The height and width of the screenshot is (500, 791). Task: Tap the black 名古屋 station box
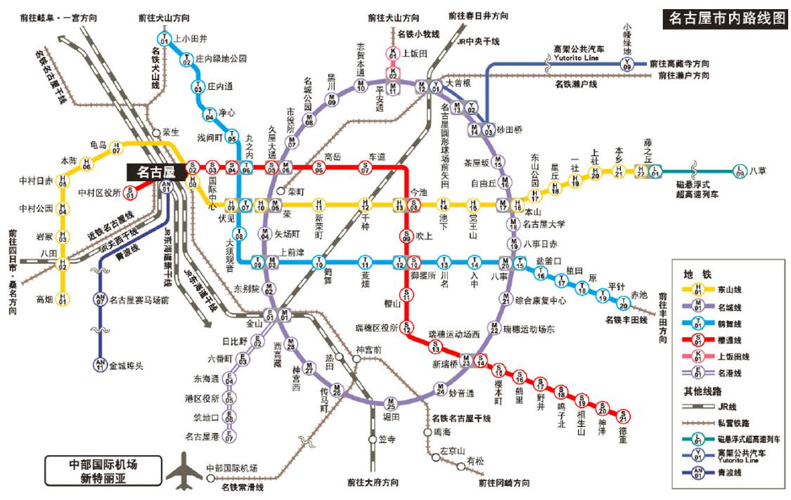(155, 171)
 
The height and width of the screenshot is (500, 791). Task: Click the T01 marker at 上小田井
(165, 39)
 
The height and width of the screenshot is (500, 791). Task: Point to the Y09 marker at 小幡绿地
(627, 64)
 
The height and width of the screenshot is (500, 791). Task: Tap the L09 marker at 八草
(739, 170)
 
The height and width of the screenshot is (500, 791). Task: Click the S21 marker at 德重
(623, 416)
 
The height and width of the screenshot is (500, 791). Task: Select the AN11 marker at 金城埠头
(100, 364)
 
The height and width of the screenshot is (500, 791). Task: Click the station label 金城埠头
(127, 365)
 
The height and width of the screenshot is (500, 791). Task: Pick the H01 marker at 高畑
(63, 300)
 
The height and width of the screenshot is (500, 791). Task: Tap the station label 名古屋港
(202, 436)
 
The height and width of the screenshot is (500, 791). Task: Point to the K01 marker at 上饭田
(394, 53)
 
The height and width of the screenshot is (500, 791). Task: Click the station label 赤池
(639, 294)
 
